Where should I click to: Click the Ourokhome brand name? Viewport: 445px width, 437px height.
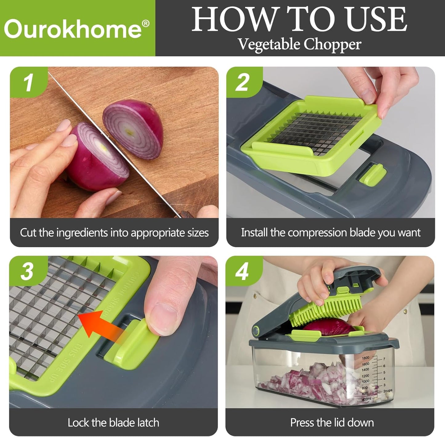[73, 29]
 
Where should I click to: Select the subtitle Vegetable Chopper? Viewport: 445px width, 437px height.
[299, 44]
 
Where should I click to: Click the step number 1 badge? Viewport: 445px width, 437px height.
[28, 82]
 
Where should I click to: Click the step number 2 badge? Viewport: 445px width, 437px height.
[242, 82]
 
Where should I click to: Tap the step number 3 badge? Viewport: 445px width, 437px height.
[27, 272]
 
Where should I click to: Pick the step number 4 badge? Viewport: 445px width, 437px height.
[242, 272]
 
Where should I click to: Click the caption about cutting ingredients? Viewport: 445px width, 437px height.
[114, 233]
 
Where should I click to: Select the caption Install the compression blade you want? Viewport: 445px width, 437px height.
[330, 233]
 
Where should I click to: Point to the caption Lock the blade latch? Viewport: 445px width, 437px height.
[113, 423]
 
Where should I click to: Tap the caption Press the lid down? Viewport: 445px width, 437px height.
[332, 423]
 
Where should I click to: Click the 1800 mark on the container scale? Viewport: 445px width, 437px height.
[365, 358]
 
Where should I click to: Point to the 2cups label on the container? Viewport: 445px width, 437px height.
[387, 390]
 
